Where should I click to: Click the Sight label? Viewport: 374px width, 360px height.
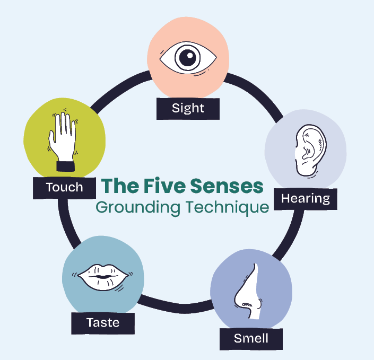pyautogui.click(x=188, y=108)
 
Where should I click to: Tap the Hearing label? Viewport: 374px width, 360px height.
pyautogui.click(x=305, y=199)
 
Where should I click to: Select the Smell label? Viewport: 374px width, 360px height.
pyautogui.click(x=251, y=338)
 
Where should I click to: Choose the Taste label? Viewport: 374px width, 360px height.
pyautogui.click(x=103, y=322)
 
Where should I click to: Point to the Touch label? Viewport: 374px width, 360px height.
pyautogui.click(x=64, y=187)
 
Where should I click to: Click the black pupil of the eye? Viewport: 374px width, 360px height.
pyautogui.click(x=187, y=57)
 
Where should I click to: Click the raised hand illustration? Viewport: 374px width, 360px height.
pyautogui.click(x=61, y=138)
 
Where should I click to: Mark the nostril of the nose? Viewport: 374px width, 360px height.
pyautogui.click(x=246, y=304)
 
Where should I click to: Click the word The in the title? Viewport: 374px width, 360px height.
pyautogui.click(x=119, y=186)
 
